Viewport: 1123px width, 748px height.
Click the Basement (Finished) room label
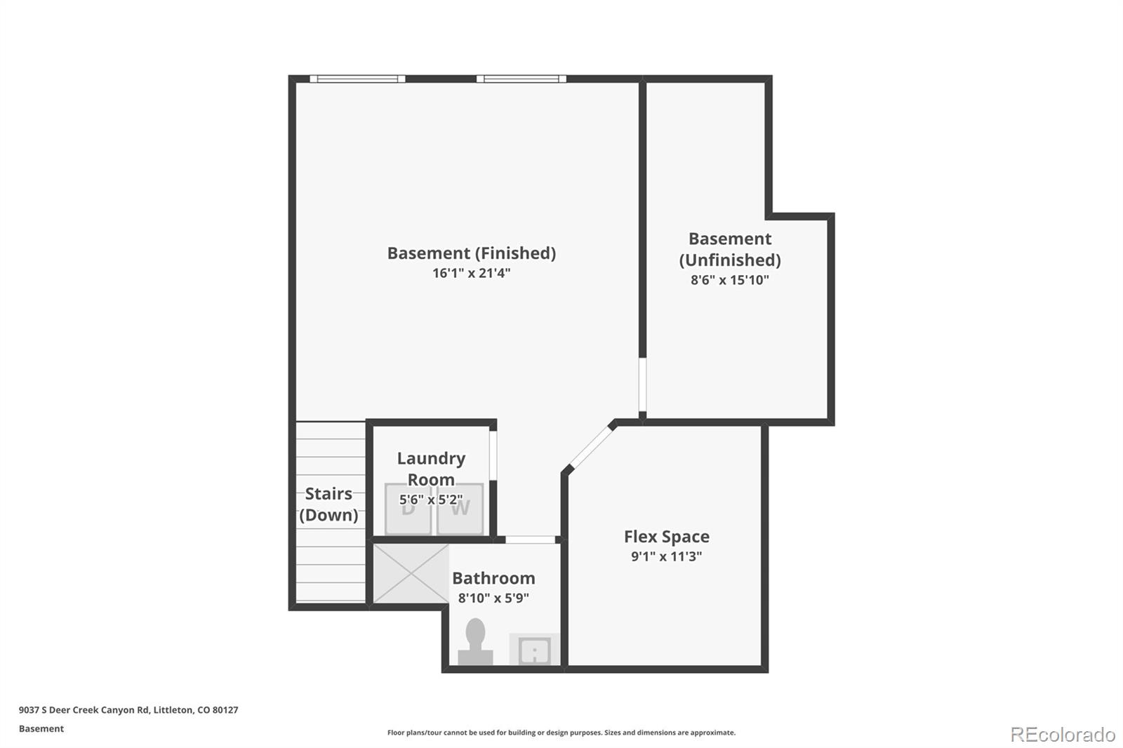471,253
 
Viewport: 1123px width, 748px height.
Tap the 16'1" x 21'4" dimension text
471,273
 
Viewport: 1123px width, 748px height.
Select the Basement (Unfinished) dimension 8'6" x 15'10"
729,280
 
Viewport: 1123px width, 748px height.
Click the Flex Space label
666,536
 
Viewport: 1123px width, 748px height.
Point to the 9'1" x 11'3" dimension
666,556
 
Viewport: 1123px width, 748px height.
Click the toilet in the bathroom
475,642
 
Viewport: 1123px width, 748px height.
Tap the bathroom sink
534,650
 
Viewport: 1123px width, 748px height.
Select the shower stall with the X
411,573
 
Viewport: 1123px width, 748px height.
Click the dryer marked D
408,509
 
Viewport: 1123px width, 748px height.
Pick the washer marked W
460,509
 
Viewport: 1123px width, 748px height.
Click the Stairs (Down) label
328,505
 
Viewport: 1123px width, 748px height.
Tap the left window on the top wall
357,79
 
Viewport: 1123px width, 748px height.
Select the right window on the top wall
521,79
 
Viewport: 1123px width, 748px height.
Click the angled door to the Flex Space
591,448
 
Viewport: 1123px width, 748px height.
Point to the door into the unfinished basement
642,385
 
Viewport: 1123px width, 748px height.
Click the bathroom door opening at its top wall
530,540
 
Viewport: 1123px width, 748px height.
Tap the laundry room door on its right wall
493,455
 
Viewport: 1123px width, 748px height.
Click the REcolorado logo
1063,735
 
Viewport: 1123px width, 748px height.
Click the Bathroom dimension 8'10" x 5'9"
493,598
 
